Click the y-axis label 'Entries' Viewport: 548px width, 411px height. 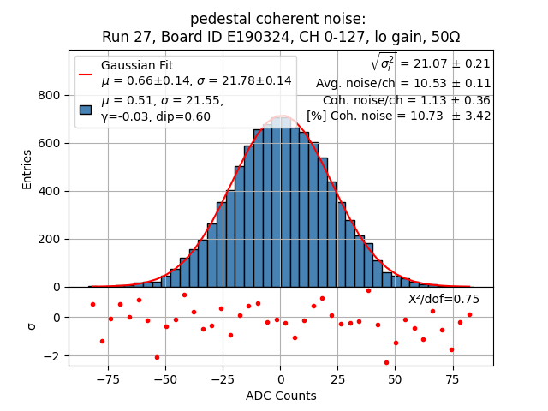pos(27,169)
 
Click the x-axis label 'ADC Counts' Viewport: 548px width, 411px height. pos(281,396)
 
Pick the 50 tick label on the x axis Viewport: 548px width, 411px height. pos(396,378)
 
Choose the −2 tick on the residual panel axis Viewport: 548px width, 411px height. pos(53,356)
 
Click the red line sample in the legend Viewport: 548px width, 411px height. pos(86,74)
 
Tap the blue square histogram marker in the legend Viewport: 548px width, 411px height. pos(86,109)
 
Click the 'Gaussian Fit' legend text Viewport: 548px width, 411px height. pos(137,65)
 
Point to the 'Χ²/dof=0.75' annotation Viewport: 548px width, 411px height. pos(444,299)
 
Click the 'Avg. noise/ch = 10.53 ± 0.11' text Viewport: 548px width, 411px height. pos(403,83)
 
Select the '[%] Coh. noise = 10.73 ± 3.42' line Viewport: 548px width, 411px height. pos(399,116)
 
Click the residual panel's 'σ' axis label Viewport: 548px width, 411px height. pos(32,325)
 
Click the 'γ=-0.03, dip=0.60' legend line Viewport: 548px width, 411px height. pos(156,116)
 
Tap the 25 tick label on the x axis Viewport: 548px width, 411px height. pos(337,378)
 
